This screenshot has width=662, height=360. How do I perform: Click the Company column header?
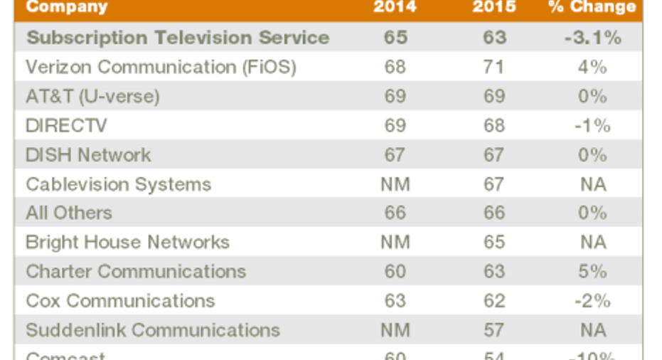67,8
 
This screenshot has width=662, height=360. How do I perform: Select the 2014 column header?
395,8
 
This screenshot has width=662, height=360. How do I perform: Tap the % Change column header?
592,8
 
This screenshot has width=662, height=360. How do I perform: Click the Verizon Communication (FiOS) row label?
161,67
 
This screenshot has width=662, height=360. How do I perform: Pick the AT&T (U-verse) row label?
92,96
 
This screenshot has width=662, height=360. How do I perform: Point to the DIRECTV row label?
66,125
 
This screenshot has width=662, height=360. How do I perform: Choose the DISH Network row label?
88,154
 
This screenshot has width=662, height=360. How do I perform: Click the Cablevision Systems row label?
118,184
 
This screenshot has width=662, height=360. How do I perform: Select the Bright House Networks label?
127,242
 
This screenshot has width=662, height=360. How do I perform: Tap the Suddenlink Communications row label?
153,330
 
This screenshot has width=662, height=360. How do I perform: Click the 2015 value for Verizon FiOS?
494,67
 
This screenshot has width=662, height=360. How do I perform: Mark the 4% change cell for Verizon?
592,67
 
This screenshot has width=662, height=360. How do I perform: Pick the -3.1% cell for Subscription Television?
592,38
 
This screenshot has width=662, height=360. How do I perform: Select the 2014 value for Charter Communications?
395,271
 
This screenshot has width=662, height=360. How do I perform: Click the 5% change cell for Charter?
592,271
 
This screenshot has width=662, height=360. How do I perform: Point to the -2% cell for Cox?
592,301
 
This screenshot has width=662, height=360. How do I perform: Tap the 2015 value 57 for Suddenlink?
494,330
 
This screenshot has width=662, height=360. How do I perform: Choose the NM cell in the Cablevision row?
395,184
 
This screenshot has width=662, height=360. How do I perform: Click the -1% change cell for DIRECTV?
592,125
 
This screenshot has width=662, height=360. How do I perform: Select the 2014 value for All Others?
395,213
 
